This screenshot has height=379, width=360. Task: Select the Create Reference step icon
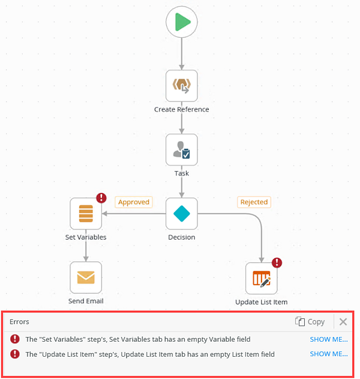click(x=182, y=86)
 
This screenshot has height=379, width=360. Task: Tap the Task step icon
click(x=182, y=150)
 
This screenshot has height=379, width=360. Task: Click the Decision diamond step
click(x=182, y=213)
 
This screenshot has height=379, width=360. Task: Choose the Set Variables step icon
click(x=86, y=213)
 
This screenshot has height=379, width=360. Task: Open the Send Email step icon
click(x=86, y=277)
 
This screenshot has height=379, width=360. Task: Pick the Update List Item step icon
click(x=262, y=278)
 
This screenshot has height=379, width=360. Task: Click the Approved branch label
click(x=133, y=202)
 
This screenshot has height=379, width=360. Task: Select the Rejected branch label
click(x=253, y=202)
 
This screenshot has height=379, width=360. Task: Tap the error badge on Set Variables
click(x=101, y=198)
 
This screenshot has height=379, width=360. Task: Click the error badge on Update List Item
click(x=277, y=262)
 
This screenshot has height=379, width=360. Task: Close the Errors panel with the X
click(x=343, y=322)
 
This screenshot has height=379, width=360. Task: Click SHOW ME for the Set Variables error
click(x=328, y=339)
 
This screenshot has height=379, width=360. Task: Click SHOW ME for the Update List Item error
click(x=328, y=354)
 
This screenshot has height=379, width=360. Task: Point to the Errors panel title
click(x=19, y=322)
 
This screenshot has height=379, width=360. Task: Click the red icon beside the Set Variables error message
click(x=15, y=339)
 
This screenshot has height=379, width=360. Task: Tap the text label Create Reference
click(x=182, y=109)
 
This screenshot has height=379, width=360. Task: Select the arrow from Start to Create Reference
click(x=182, y=54)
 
